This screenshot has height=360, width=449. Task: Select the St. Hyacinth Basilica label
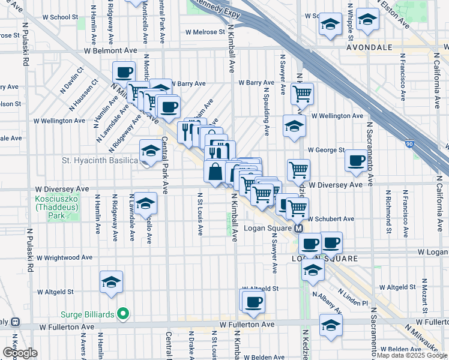100,160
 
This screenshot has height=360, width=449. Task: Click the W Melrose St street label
205,32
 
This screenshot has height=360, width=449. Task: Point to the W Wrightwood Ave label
64,257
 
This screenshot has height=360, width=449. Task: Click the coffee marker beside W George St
357,161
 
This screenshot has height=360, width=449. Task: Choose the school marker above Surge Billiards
112,282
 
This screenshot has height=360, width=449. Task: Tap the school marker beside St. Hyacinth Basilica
149,151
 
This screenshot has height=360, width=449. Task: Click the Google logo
20,353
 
